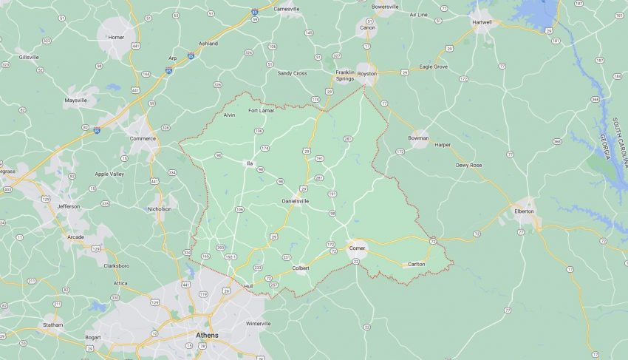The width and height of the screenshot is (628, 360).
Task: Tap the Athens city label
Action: point(207,335)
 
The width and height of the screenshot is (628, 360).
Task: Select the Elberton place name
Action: point(524,211)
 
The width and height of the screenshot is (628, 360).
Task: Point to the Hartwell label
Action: point(482,22)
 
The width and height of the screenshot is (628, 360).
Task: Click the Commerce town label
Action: point(143,138)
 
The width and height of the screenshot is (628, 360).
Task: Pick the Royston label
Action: point(367,74)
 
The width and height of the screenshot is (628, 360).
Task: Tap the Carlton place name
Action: point(416,264)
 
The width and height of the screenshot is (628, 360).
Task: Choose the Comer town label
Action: point(357,248)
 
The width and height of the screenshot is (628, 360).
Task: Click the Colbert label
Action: point(300,268)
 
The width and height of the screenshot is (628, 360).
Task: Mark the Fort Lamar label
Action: point(261,111)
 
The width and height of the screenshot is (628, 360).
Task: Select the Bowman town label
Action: point(418,138)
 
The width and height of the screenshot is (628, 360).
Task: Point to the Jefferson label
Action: point(68,206)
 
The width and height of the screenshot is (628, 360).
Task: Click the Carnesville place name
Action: point(287,9)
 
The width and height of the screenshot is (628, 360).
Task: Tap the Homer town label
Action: point(116,37)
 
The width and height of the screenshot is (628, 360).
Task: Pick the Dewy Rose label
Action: point(468,165)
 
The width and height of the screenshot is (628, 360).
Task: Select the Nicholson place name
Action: point(159,208)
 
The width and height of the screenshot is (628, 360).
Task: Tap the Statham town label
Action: point(52,325)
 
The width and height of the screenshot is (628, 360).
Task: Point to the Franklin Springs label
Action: point(345,75)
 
